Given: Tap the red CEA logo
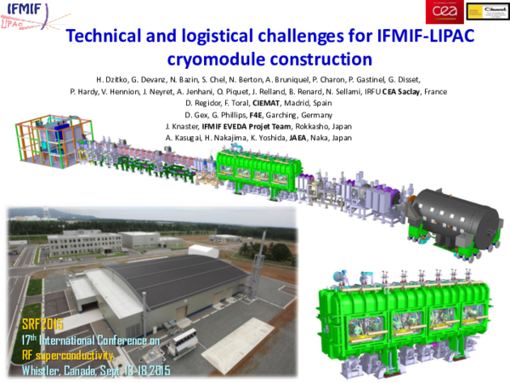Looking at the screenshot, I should point(443,11).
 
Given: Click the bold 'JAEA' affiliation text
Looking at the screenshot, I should point(299,136).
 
